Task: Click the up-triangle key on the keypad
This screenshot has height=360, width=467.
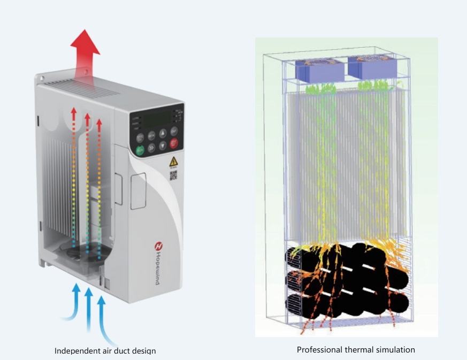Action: point(163,133)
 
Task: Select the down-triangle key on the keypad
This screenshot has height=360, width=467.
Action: point(163,146)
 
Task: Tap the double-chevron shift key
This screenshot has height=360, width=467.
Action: point(151,148)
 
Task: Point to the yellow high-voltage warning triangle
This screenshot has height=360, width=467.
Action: point(173,161)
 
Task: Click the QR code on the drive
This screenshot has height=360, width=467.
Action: point(173,175)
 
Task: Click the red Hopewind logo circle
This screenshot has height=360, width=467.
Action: point(159,247)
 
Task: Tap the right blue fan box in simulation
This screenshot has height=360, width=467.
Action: point(372,67)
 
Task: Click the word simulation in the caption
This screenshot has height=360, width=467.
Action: point(395,350)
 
